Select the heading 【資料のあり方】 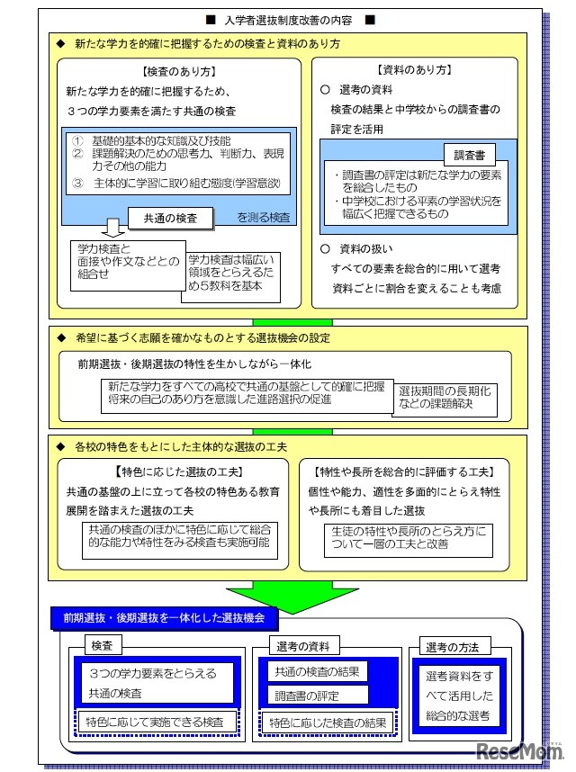coord(414,70)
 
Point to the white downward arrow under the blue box coord(113,228)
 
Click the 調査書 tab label coord(464,154)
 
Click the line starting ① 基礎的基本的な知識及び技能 coord(154,141)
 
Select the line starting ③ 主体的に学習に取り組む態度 coord(175,184)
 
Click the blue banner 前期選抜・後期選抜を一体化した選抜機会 coord(164,619)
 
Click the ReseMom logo coord(522,752)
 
